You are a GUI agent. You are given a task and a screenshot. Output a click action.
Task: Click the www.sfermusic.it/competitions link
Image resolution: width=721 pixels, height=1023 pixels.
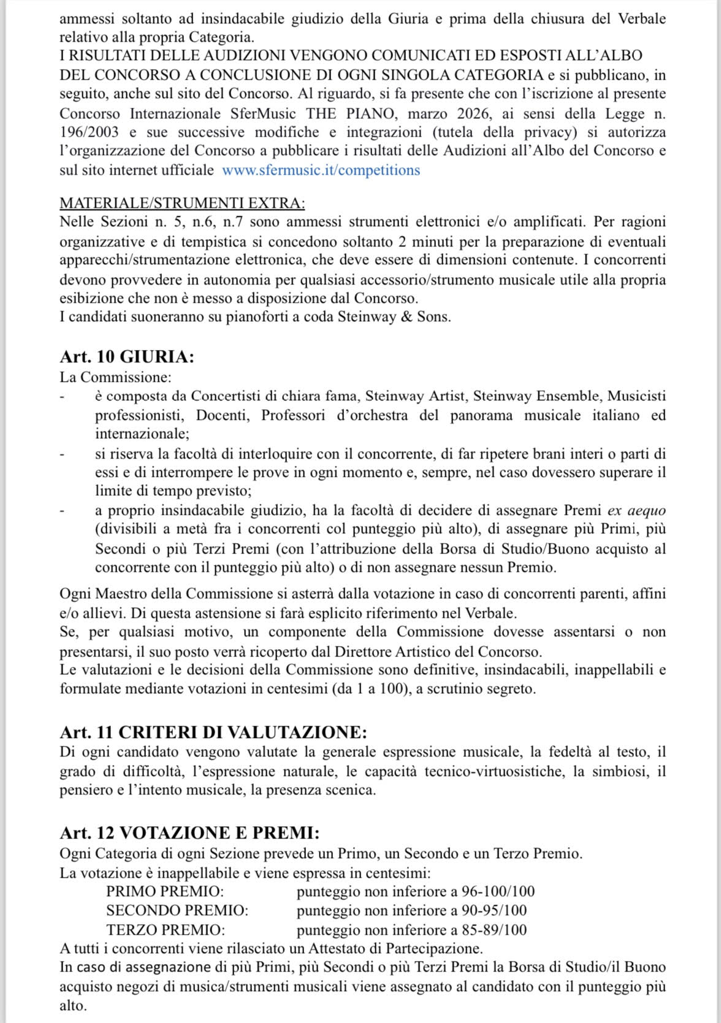[x=321, y=170]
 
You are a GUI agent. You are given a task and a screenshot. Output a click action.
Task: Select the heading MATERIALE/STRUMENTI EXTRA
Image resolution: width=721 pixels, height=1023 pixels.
[x=182, y=203]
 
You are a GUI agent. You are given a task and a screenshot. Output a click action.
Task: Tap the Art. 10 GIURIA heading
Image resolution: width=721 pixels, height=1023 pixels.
[x=127, y=357]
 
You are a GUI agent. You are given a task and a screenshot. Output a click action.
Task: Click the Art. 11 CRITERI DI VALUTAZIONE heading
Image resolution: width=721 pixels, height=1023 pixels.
[x=213, y=732]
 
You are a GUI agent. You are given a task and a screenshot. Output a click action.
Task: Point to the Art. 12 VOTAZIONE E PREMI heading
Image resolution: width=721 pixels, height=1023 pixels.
[x=189, y=832]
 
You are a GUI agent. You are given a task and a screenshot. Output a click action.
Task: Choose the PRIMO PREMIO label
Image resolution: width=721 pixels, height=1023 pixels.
[x=165, y=891]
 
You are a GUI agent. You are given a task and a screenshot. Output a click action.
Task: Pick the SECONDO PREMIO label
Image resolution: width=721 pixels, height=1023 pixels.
[x=177, y=910]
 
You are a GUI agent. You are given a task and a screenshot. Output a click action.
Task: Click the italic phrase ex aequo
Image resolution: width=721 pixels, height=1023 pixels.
[x=636, y=511]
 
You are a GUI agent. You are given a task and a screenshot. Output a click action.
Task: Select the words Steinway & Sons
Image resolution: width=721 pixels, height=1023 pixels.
[x=394, y=318]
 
